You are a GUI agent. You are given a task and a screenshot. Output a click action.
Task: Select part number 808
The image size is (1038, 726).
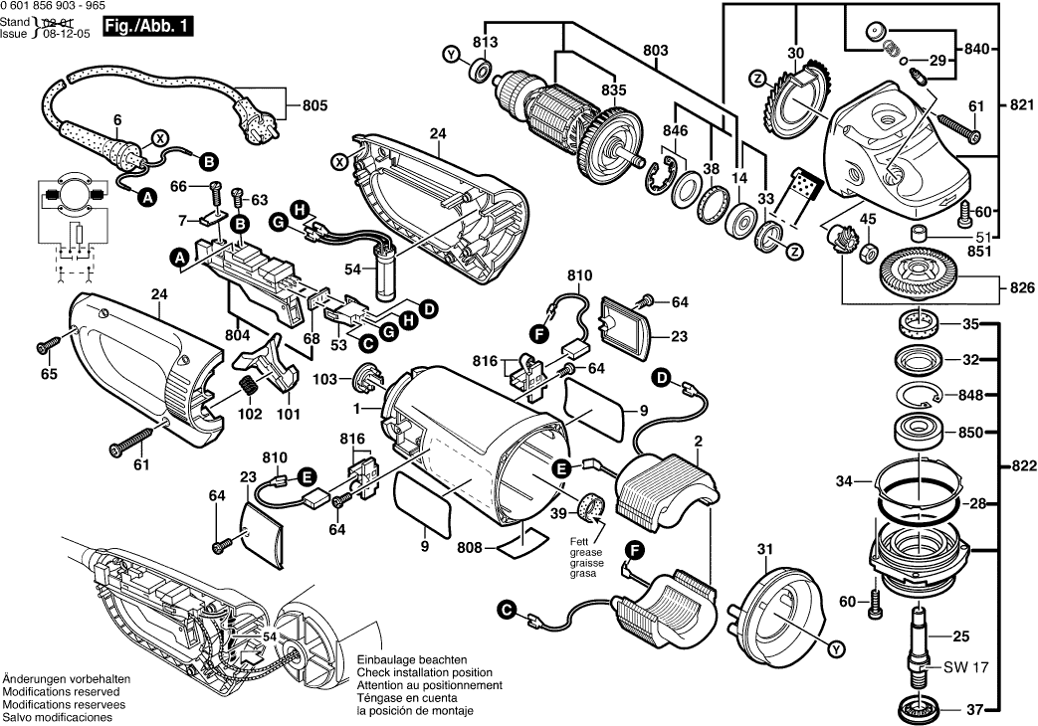[x=469, y=546]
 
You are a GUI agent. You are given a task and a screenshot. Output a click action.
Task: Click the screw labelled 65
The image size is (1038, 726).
[x=46, y=345]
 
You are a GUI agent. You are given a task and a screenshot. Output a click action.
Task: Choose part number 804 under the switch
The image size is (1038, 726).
[x=237, y=336]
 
